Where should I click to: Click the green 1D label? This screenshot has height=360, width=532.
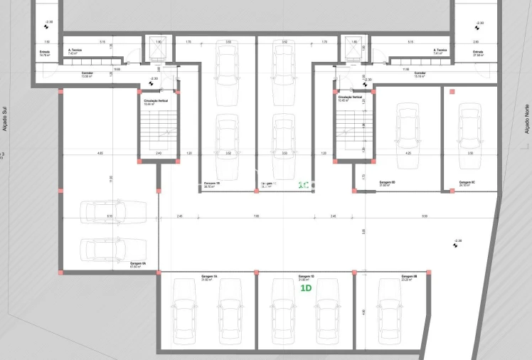click(x=307, y=288)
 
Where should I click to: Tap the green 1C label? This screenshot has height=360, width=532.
click(x=303, y=186)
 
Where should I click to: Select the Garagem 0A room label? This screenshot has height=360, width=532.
click(x=138, y=264)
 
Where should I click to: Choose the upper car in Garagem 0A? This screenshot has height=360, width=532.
click(x=114, y=211)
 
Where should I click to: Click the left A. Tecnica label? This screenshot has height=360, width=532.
click(x=74, y=51)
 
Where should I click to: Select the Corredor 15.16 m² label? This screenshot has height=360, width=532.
click(x=420, y=74)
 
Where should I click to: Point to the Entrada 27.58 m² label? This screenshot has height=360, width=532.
click(x=478, y=53)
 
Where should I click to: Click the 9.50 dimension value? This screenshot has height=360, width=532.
click(x=425, y=216)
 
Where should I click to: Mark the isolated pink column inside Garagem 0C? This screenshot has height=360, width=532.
click(x=452, y=92)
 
